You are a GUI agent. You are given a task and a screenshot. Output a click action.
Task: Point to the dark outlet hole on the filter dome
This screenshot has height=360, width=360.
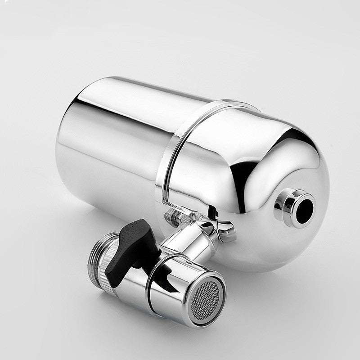pos(304,208)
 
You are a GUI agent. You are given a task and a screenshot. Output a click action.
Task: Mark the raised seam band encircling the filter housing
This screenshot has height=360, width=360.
pos(180,144)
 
